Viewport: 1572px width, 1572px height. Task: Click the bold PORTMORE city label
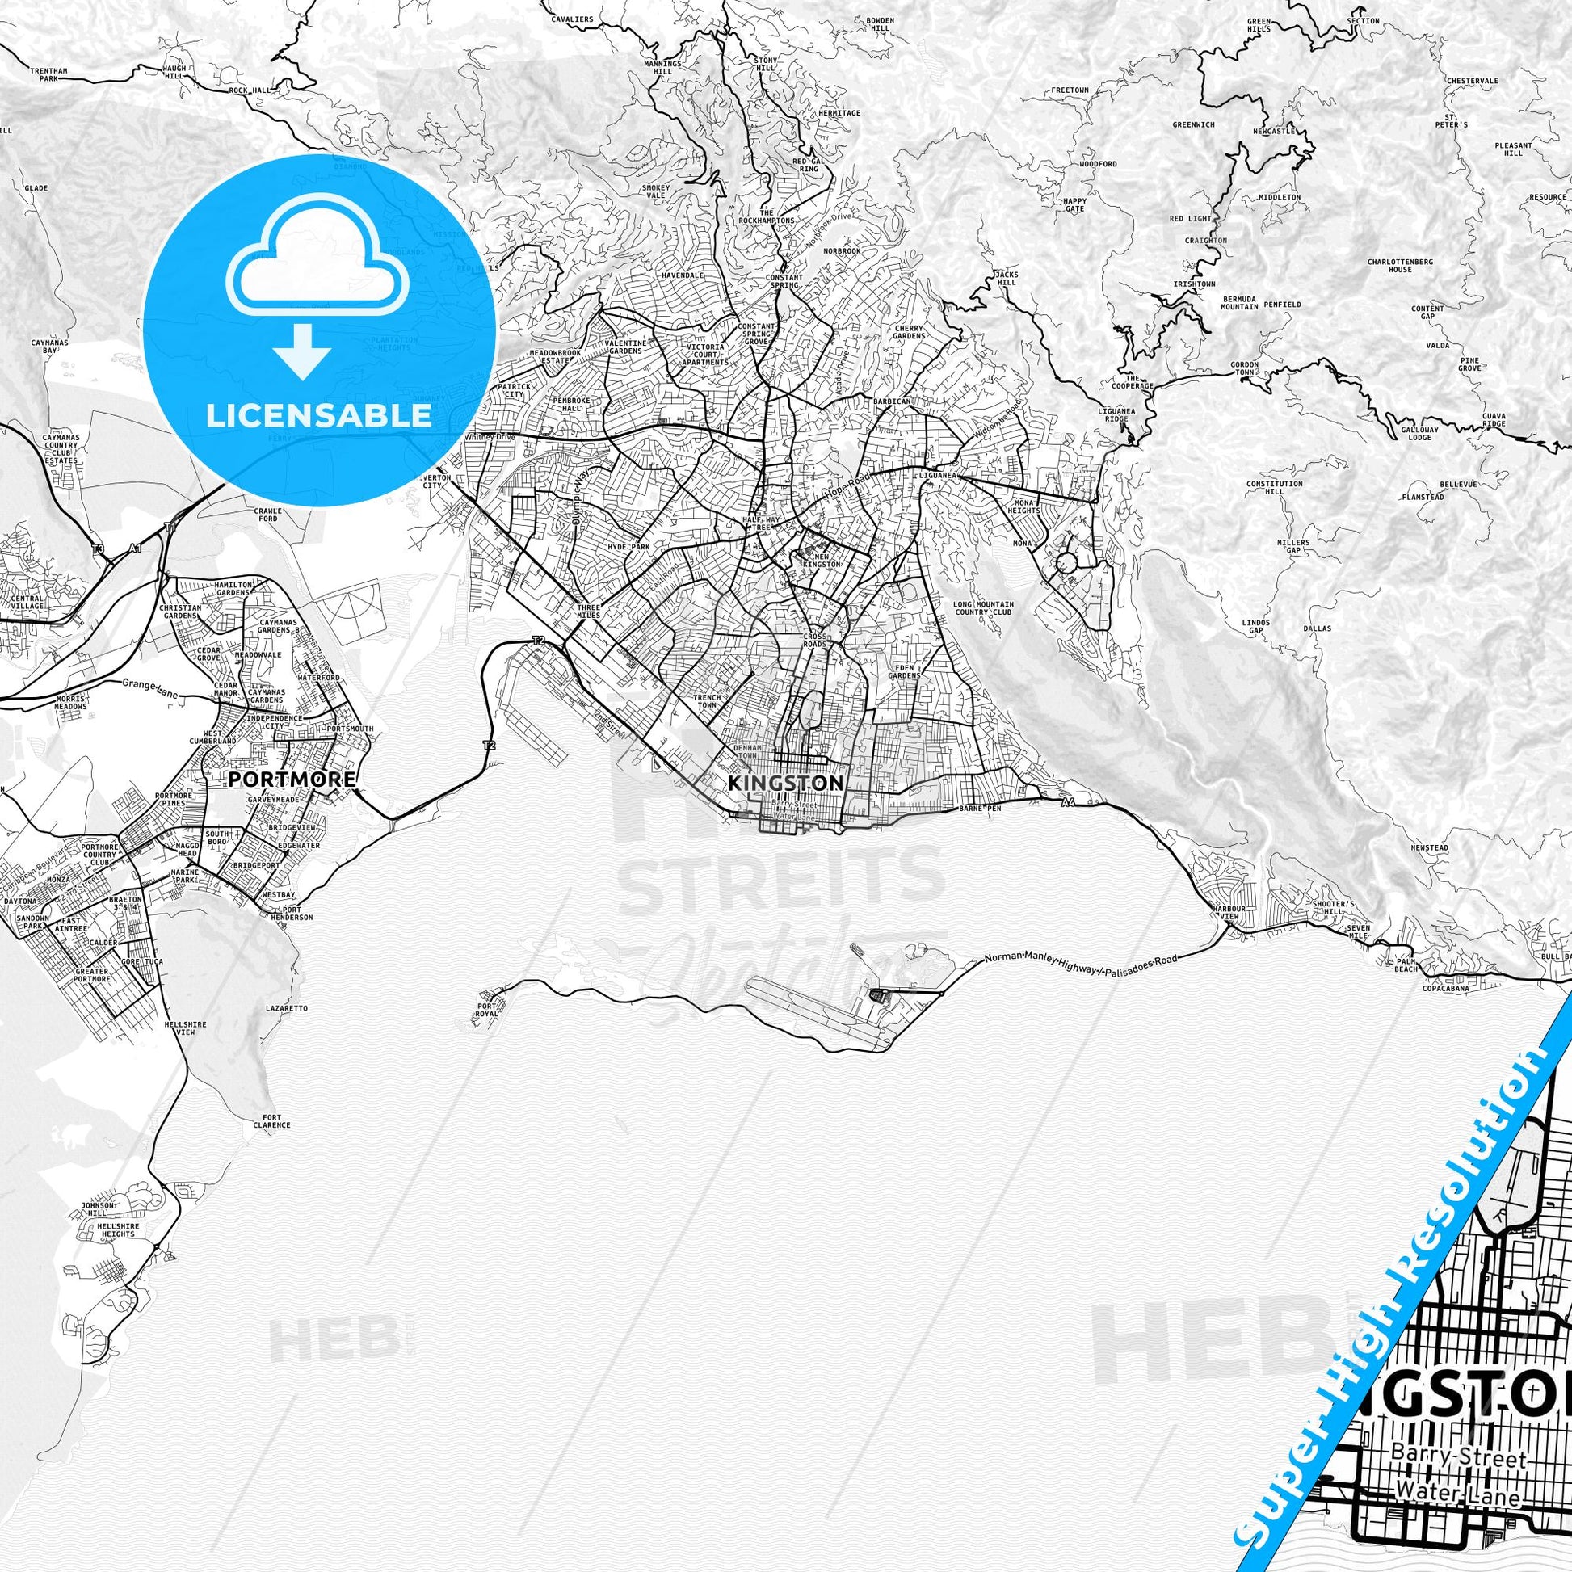(x=293, y=779)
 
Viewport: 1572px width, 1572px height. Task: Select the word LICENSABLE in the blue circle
(x=319, y=415)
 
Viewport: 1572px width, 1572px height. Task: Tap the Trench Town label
(x=704, y=702)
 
